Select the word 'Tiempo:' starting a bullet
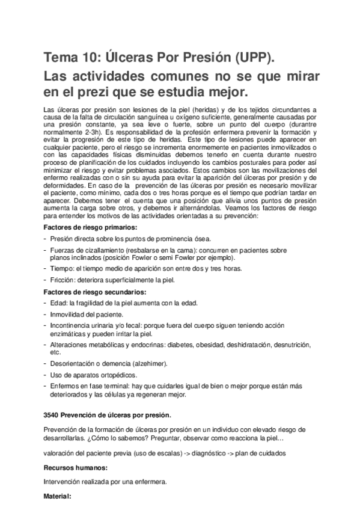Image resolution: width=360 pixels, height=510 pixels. coord(63,269)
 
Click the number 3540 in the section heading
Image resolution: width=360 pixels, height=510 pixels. coord(52,416)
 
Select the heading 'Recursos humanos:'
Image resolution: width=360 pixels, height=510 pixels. coord(75,467)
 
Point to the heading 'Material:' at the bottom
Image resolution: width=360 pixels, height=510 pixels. coord(58,497)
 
